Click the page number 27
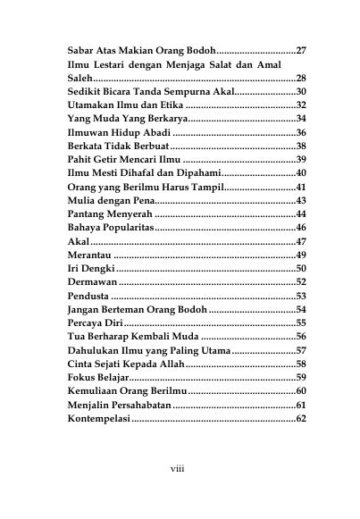click(301, 50)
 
